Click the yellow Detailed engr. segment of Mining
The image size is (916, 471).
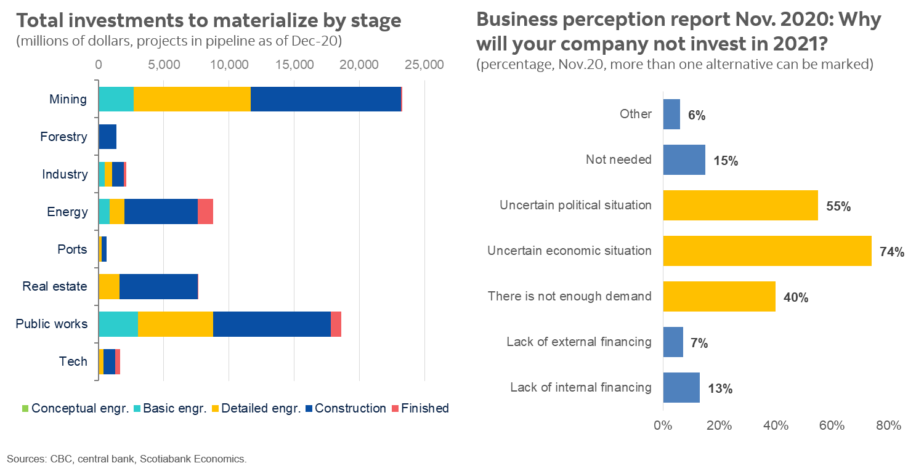[192, 99]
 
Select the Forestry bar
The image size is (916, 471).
[107, 137]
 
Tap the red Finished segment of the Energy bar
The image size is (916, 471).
[205, 212]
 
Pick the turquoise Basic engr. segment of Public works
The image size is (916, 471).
[118, 324]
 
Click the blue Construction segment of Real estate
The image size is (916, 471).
[158, 286]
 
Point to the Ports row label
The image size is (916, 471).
[73, 249]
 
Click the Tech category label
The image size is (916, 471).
[73, 361]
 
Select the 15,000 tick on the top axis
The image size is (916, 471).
[294, 65]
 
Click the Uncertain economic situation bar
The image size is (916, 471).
[767, 251]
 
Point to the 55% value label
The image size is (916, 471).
[838, 207]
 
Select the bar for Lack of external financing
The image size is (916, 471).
[673, 342]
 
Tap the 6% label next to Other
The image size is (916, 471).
[697, 116]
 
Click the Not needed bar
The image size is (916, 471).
[684, 159]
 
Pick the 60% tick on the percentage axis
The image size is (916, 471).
[832, 425]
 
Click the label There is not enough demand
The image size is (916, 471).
[569, 296]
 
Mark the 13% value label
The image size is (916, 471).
[720, 388]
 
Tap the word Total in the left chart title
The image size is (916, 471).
[38, 22]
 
